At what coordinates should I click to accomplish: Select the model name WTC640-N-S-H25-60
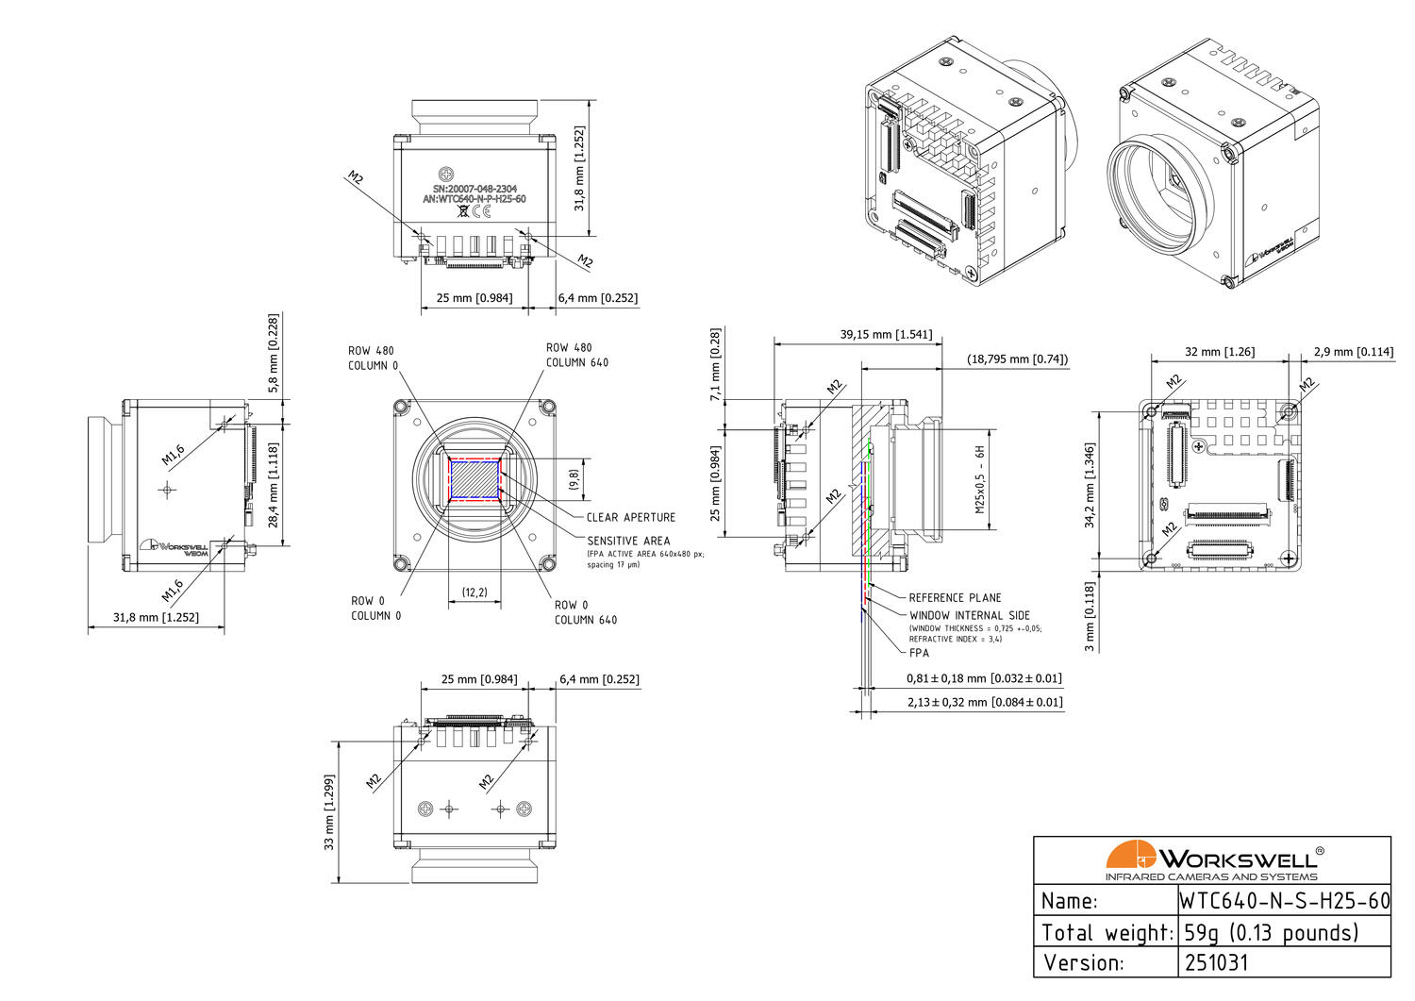(1285, 901)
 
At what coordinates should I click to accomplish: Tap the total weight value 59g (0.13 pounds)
(1271, 933)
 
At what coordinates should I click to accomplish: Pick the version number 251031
(1216, 963)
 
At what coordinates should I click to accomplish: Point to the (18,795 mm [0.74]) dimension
(1017, 359)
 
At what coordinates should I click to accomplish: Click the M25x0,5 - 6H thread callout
(980, 478)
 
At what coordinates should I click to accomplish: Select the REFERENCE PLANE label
(955, 598)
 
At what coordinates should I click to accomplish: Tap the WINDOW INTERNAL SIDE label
(969, 615)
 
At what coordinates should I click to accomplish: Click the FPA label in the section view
(919, 653)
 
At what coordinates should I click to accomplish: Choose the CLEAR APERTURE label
(630, 517)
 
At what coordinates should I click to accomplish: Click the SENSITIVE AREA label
(628, 541)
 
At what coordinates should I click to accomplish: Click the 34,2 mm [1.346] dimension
(1090, 485)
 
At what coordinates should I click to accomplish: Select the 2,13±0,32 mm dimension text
(984, 702)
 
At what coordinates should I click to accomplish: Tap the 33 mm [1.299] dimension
(329, 812)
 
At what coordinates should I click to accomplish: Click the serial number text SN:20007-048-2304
(474, 189)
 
